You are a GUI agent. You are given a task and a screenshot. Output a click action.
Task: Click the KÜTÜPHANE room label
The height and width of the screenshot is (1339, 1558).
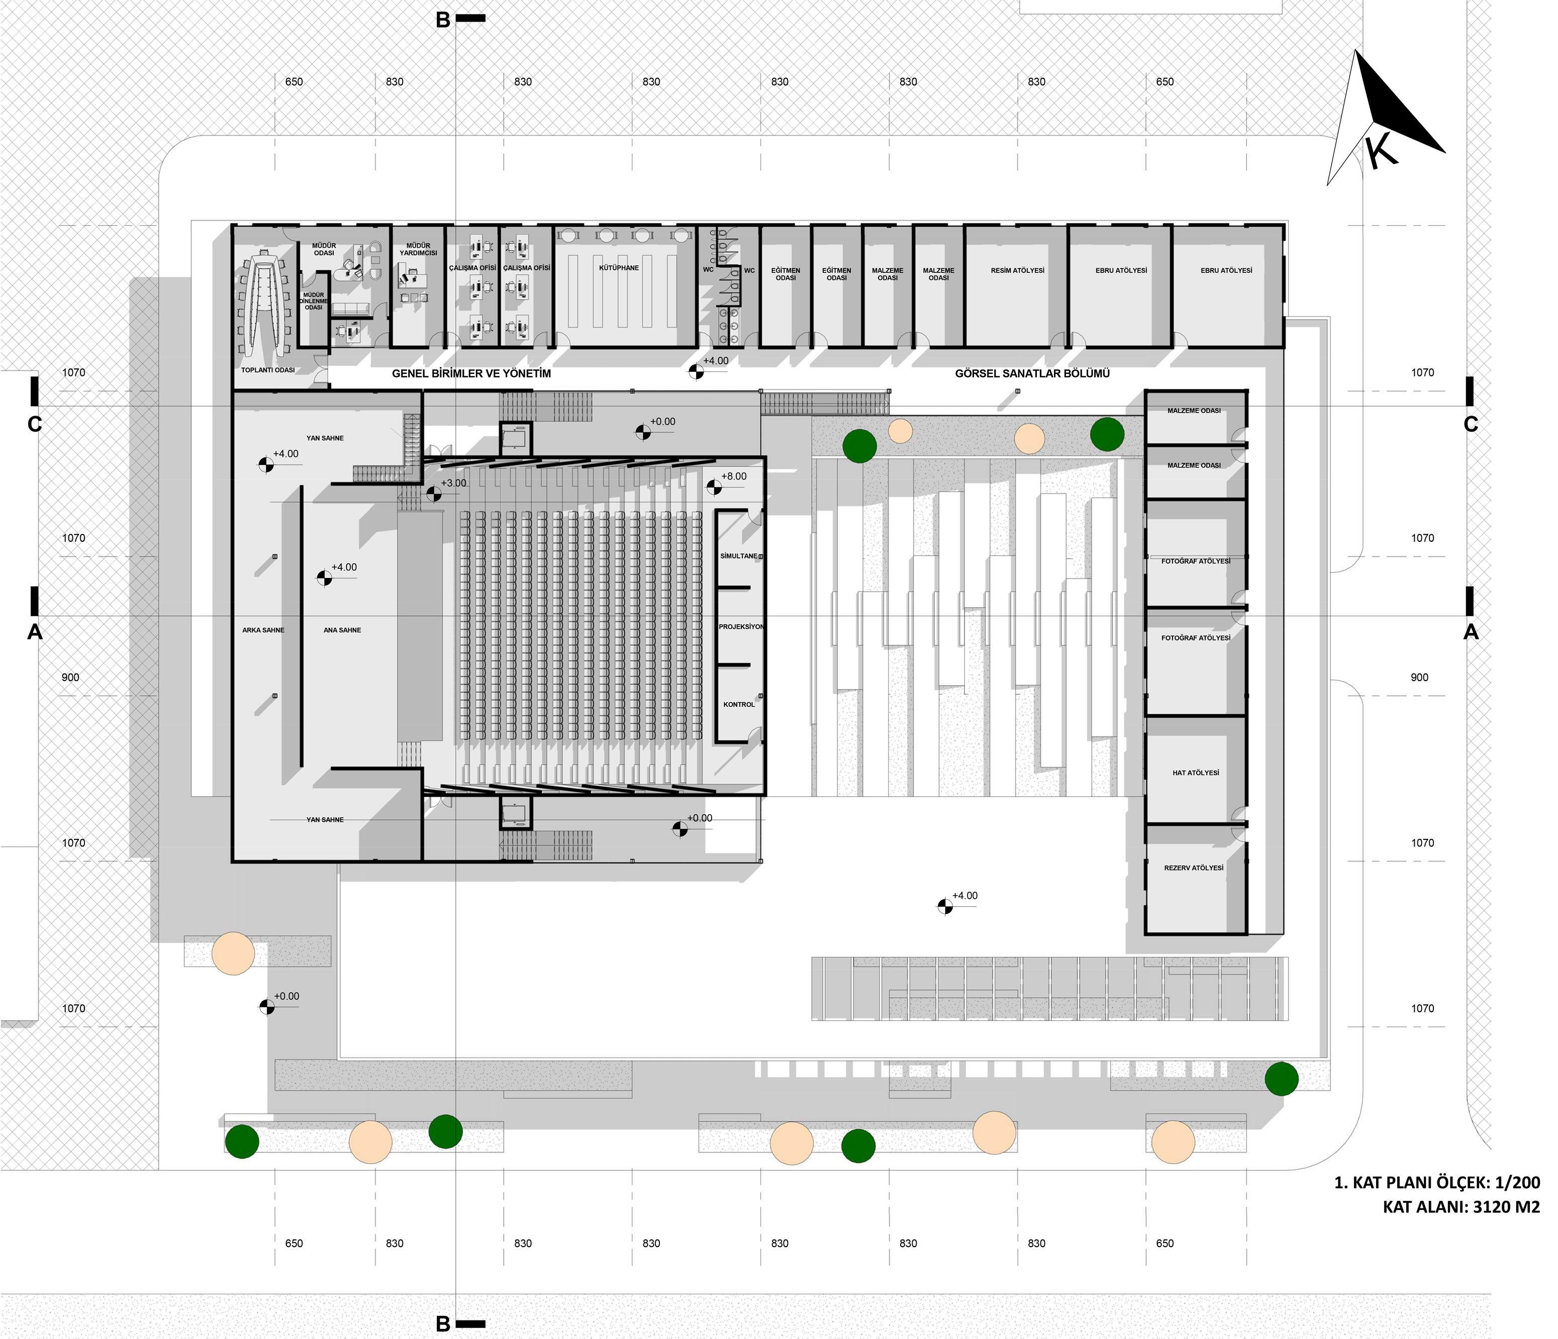[x=619, y=268]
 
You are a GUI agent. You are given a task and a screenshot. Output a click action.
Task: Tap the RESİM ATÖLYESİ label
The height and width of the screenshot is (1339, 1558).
[x=1017, y=270]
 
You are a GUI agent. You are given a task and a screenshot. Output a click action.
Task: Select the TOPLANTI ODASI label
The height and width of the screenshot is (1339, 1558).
[x=268, y=370]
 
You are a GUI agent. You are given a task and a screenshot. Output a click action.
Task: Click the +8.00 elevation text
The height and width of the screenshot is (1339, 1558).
[x=734, y=476]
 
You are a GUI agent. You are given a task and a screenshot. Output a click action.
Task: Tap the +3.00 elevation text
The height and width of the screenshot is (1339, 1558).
[x=453, y=484]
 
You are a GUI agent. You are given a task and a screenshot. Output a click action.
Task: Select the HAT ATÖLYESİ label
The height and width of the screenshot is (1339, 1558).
[x=1196, y=773]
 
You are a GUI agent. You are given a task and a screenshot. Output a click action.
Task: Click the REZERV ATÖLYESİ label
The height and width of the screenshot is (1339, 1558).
[x=1194, y=869]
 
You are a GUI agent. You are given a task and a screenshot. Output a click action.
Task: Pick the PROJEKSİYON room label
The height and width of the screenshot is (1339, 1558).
[x=741, y=627]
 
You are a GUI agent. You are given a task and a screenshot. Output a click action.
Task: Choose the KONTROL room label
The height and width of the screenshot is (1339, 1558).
[x=738, y=705]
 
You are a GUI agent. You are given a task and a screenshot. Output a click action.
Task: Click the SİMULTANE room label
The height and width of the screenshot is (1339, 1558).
[x=738, y=556]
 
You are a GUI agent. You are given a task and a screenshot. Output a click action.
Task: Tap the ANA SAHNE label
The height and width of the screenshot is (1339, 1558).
[x=342, y=631]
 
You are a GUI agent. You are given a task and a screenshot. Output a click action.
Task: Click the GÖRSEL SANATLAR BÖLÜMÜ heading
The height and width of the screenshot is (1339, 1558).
[x=1032, y=373]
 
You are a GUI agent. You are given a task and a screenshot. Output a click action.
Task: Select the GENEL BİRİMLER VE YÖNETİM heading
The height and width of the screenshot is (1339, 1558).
[x=471, y=373]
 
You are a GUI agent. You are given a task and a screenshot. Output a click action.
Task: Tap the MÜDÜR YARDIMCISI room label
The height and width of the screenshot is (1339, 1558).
[x=418, y=250]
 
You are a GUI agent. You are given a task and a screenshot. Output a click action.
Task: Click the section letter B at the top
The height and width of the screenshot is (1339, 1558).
[x=443, y=20]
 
